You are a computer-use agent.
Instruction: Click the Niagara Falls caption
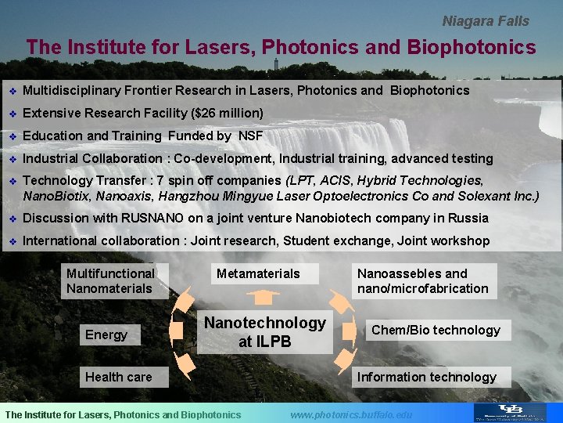[x=486, y=21]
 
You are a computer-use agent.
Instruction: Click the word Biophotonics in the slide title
[x=472, y=48]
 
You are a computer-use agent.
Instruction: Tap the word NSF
[x=250, y=136]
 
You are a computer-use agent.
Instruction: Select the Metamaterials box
[x=258, y=273]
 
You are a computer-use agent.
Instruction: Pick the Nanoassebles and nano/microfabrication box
[x=422, y=281]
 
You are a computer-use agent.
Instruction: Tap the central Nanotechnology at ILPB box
[x=264, y=332]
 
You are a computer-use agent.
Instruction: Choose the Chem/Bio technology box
[x=436, y=330]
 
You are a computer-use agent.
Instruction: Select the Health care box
[x=119, y=377]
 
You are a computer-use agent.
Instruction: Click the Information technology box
[x=426, y=377]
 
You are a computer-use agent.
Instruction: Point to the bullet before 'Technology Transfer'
[x=11, y=181]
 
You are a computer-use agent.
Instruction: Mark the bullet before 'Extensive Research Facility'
[x=11, y=114]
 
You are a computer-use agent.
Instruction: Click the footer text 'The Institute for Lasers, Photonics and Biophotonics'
[x=124, y=414]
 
